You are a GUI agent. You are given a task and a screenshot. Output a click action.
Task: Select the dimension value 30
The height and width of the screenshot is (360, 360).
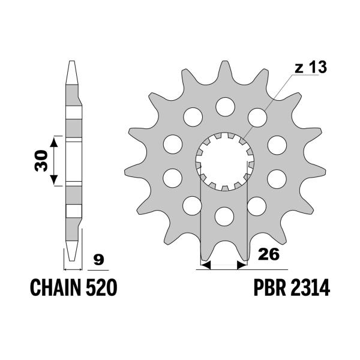click(x=40, y=161)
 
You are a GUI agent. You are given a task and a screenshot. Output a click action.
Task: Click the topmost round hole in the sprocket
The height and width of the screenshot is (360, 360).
click(x=224, y=107)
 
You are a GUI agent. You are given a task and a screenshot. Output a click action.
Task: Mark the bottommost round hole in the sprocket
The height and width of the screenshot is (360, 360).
click(x=224, y=215)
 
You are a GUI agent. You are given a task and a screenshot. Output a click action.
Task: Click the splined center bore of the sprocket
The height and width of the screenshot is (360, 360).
click(x=224, y=161)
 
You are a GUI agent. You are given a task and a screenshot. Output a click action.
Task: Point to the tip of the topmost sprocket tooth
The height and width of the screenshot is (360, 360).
click(x=224, y=62)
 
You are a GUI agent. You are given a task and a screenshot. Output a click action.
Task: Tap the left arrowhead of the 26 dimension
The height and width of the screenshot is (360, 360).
click(x=203, y=264)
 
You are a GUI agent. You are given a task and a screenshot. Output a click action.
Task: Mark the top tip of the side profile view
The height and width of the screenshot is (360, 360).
click(x=72, y=61)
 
